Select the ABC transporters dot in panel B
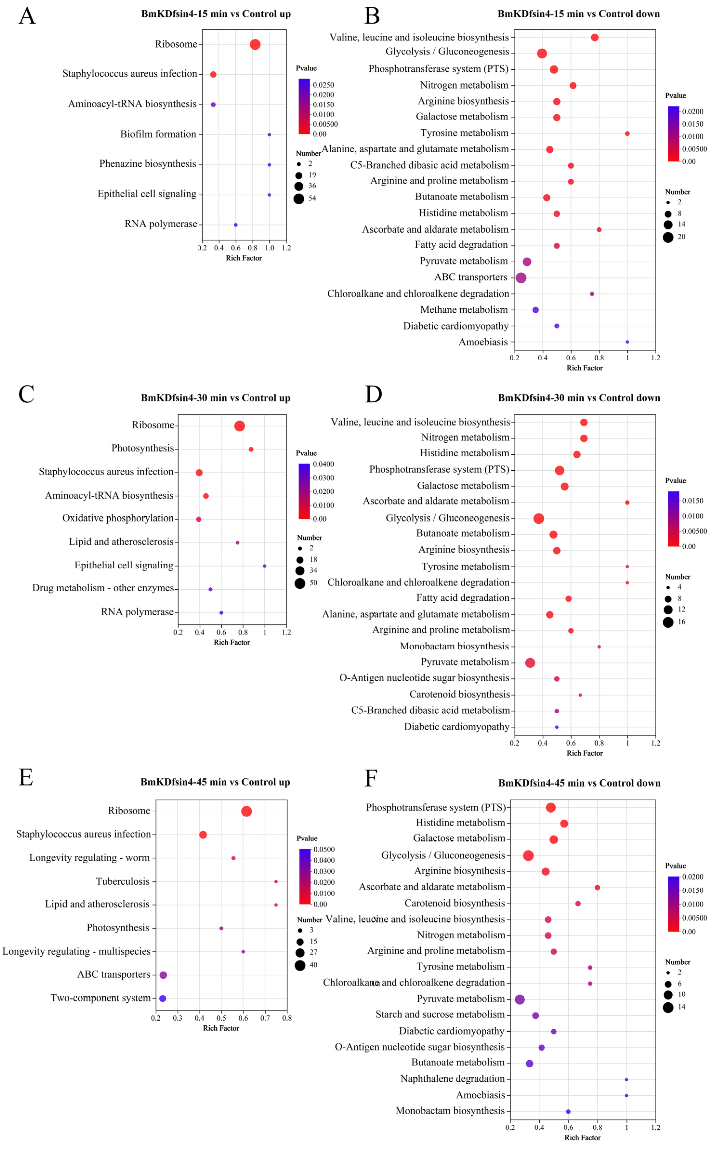point(521,278)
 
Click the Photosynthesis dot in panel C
point(251,449)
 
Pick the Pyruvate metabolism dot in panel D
point(530,663)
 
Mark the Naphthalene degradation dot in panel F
point(626,1079)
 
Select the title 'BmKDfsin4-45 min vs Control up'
point(215,782)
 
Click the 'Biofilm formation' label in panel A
point(158,134)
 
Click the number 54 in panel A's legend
point(312,198)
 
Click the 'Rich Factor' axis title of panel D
point(584,753)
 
